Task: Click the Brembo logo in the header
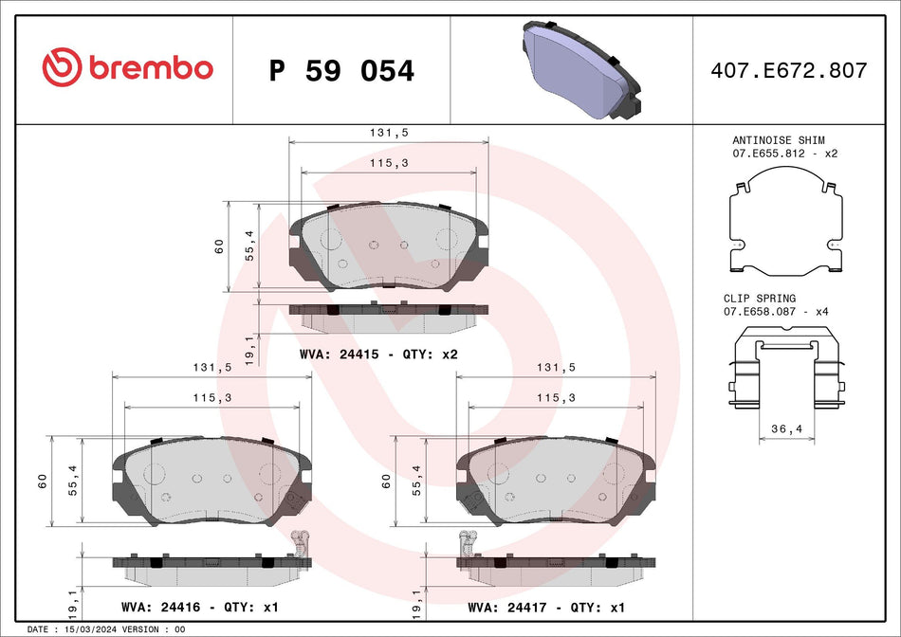128,68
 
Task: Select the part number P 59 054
341,71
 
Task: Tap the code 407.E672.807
789,70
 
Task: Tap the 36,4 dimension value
787,429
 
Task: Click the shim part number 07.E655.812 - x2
784,154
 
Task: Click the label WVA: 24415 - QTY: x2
379,354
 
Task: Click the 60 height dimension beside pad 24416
42,482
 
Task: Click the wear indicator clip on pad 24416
301,542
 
